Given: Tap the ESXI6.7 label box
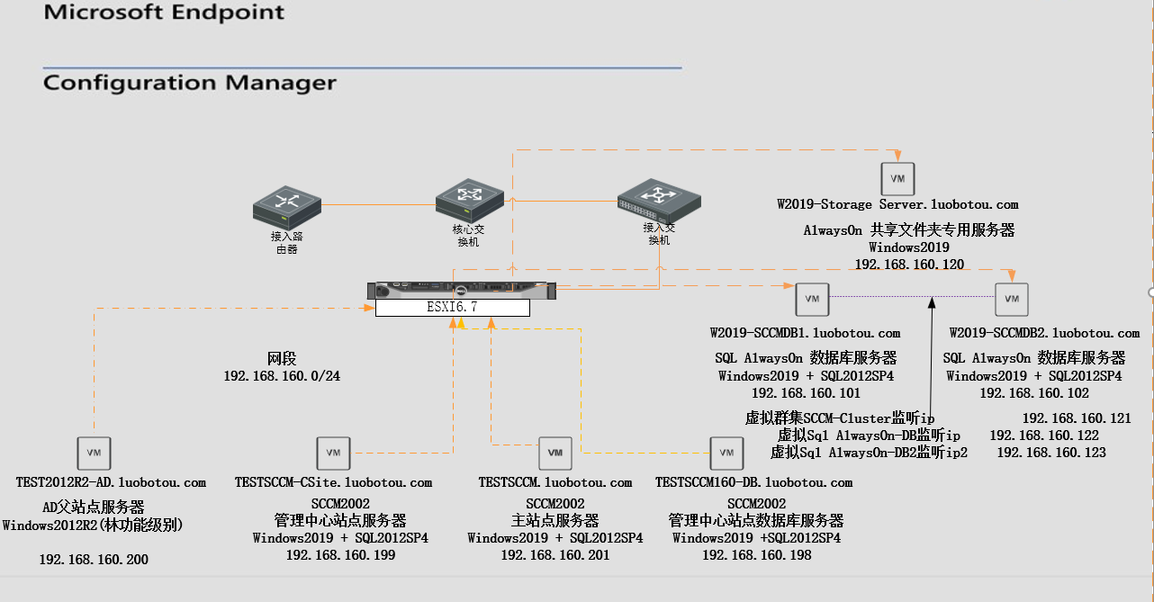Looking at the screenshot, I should coord(452,307).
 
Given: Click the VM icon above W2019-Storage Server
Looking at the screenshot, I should coord(897,178).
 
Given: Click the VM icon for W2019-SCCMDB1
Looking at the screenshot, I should coord(812,299).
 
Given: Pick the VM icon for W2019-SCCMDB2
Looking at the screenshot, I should coord(1011,299).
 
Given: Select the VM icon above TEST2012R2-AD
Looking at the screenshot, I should coord(93,453).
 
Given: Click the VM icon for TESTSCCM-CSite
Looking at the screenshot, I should coord(333,453).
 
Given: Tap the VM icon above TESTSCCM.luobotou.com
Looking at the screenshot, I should coord(554,453).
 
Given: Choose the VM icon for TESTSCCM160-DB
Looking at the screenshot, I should coord(726,453).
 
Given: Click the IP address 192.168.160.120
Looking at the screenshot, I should coord(909,265).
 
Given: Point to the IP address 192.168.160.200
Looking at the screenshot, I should coord(94,560).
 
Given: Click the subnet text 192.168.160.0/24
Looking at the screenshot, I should coord(282,376).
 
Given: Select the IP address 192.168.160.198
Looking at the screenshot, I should coord(757,555).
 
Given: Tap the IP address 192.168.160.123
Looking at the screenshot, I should coord(1051,453).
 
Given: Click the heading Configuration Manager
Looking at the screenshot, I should coord(190,83).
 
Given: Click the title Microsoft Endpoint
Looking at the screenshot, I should coord(164,13).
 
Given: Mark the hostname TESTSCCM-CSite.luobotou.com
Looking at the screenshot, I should coord(333,483).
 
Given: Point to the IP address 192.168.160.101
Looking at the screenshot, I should coord(806,393).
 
